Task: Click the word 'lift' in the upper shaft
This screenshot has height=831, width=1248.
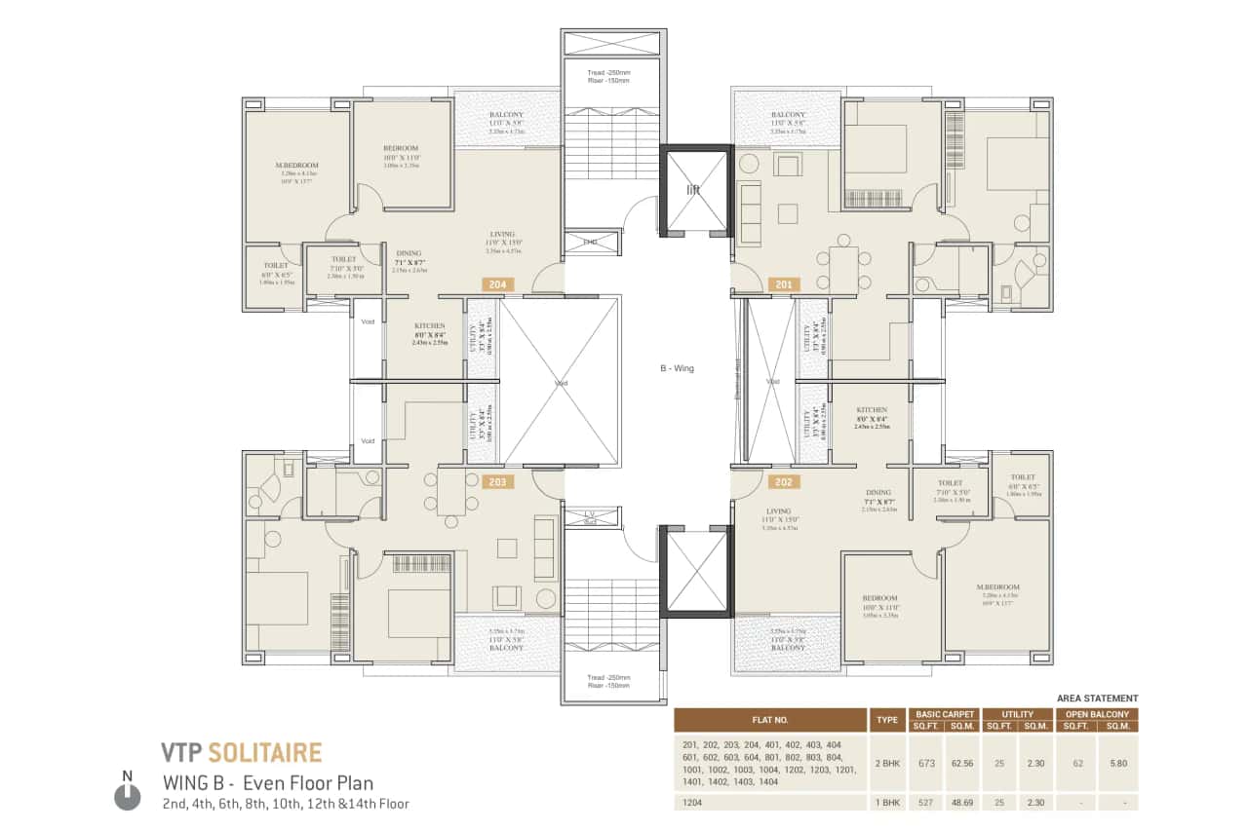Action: coord(693,191)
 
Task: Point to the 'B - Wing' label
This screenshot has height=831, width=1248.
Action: coord(677,369)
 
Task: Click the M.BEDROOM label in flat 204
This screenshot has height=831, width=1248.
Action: coord(296,166)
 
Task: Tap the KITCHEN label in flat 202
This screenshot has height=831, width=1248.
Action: coord(872,410)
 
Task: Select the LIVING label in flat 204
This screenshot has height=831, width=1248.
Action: coord(502,234)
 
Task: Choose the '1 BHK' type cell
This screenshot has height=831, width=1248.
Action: coord(887,803)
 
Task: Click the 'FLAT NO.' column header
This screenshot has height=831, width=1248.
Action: coord(770,720)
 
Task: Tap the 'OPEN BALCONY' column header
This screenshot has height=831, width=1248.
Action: coord(1096,714)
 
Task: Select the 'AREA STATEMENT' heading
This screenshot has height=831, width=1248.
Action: coord(1097,699)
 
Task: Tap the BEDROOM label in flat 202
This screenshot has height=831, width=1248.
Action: coord(879,598)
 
